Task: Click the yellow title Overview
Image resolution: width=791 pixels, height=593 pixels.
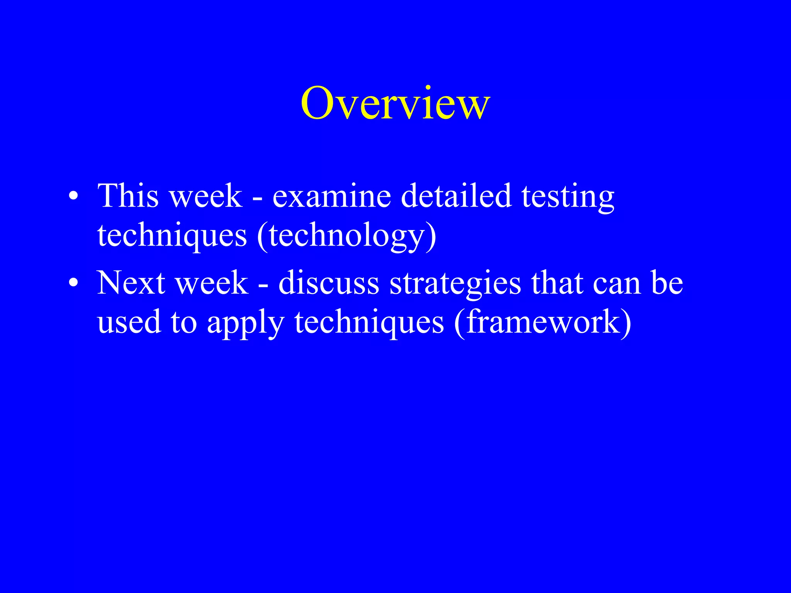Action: point(395,103)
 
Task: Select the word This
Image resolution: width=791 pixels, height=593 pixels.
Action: point(128,196)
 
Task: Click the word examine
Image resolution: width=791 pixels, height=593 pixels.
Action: point(332,196)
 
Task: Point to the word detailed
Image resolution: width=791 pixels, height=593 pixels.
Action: point(456,196)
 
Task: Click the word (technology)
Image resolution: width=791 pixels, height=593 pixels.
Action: point(346,236)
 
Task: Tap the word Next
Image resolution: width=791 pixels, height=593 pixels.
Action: point(131,283)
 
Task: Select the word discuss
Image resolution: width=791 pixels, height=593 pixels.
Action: point(329,283)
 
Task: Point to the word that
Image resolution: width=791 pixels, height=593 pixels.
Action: point(557,283)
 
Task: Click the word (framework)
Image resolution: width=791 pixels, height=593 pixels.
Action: point(543,322)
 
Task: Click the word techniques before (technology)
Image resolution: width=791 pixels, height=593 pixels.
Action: point(172,236)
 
